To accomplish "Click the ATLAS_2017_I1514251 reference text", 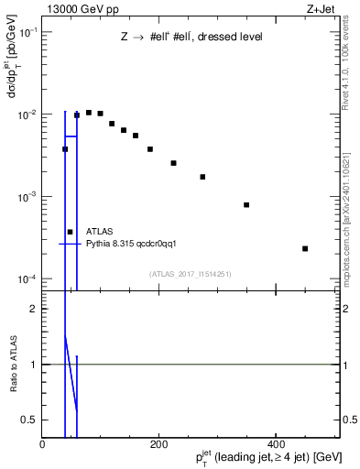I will click(191, 273).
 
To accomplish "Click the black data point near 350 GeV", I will click(246, 204).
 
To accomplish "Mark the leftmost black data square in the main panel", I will click(65, 149).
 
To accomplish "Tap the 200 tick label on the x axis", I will click(159, 444).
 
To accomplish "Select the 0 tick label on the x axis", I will click(43, 444).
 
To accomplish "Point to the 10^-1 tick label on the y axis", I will click(27, 32).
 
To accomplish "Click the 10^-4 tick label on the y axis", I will click(27, 278).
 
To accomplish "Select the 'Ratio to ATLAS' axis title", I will click(12, 364).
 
